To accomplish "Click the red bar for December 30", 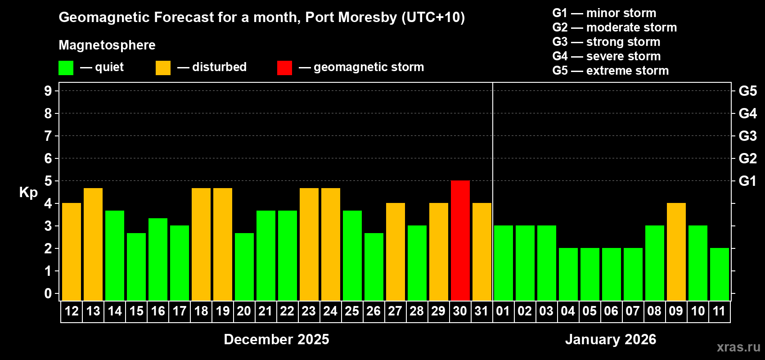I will coord(460,240).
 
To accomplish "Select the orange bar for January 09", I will coord(676,252).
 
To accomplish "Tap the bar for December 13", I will coord(93,244).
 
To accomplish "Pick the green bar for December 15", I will coord(136,266).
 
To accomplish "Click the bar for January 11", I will coord(719,274).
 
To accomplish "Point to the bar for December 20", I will coord(244,266).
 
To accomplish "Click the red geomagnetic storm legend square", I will coord(284,68).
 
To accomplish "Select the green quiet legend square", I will coord(66,68).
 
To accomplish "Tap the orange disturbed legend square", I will coord(163,68).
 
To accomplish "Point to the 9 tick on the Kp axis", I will coord(48,91).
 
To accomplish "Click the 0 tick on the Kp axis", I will coord(48,293).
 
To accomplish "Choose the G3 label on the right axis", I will coord(747,136).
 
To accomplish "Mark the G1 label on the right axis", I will coord(747,181).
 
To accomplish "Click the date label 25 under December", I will coord(352,311).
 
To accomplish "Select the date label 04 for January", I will coord(568,311).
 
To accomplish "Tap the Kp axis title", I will coord(28,193).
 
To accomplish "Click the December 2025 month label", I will coord(276,339).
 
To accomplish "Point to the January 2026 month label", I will coord(611,339).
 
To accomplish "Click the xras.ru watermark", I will coord(738,347).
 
